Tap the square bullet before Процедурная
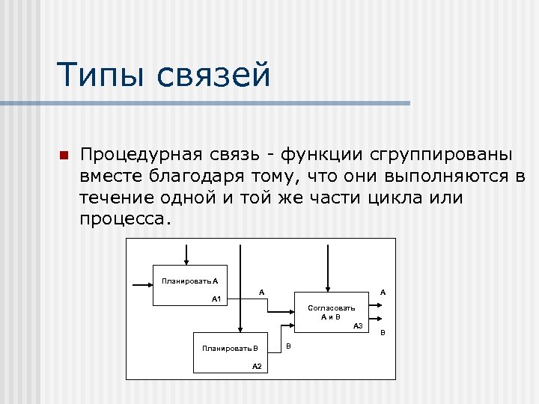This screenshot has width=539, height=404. click(64, 156)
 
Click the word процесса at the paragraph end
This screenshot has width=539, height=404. click(124, 220)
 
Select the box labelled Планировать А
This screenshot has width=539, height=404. click(190, 285)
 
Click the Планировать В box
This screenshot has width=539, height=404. click(230, 352)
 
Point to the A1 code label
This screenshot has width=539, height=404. click(217, 299)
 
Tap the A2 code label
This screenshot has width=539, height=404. click(257, 366)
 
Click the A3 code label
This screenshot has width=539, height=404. click(358, 326)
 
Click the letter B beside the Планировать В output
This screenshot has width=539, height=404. click(289, 346)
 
